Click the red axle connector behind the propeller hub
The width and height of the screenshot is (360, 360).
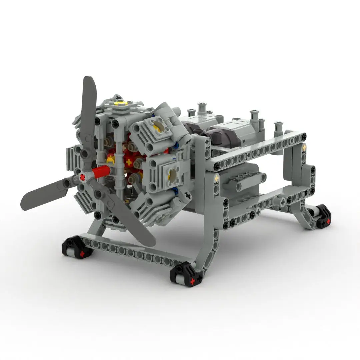102,172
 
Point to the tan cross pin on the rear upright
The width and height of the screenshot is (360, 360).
304,146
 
